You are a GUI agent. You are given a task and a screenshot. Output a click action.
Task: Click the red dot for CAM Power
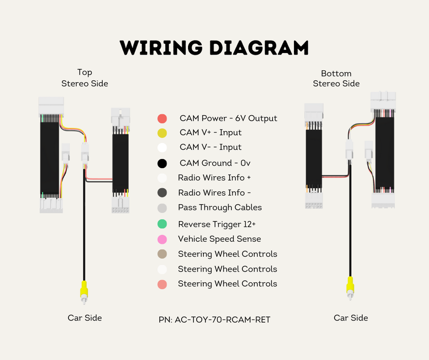click(162, 119)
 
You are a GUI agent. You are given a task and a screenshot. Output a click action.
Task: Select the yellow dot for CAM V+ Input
click(162, 134)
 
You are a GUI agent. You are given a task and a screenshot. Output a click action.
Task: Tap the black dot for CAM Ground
click(162, 164)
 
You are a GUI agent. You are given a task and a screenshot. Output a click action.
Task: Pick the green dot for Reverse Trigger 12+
click(162, 224)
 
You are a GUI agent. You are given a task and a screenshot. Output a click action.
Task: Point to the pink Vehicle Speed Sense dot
click(162, 239)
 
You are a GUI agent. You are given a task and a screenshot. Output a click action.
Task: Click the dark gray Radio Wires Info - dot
click(162, 193)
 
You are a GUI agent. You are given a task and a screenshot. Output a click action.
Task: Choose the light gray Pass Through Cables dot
click(162, 208)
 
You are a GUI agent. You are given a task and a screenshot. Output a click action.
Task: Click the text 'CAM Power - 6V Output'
click(228, 118)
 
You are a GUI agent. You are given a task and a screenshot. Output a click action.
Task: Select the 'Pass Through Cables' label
click(220, 208)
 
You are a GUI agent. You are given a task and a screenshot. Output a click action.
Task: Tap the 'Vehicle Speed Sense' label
click(219, 239)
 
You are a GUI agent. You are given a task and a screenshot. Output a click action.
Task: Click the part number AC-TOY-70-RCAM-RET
click(214, 320)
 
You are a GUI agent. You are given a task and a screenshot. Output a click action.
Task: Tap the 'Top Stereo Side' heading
click(85, 78)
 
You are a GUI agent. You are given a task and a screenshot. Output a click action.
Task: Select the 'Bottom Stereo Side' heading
click(336, 79)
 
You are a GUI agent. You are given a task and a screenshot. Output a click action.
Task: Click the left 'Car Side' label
click(85, 318)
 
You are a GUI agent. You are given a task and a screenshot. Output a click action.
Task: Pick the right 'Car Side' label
click(351, 318)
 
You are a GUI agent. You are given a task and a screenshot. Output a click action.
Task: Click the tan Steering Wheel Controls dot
click(162, 254)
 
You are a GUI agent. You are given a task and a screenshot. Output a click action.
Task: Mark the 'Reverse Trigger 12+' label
click(217, 224)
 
